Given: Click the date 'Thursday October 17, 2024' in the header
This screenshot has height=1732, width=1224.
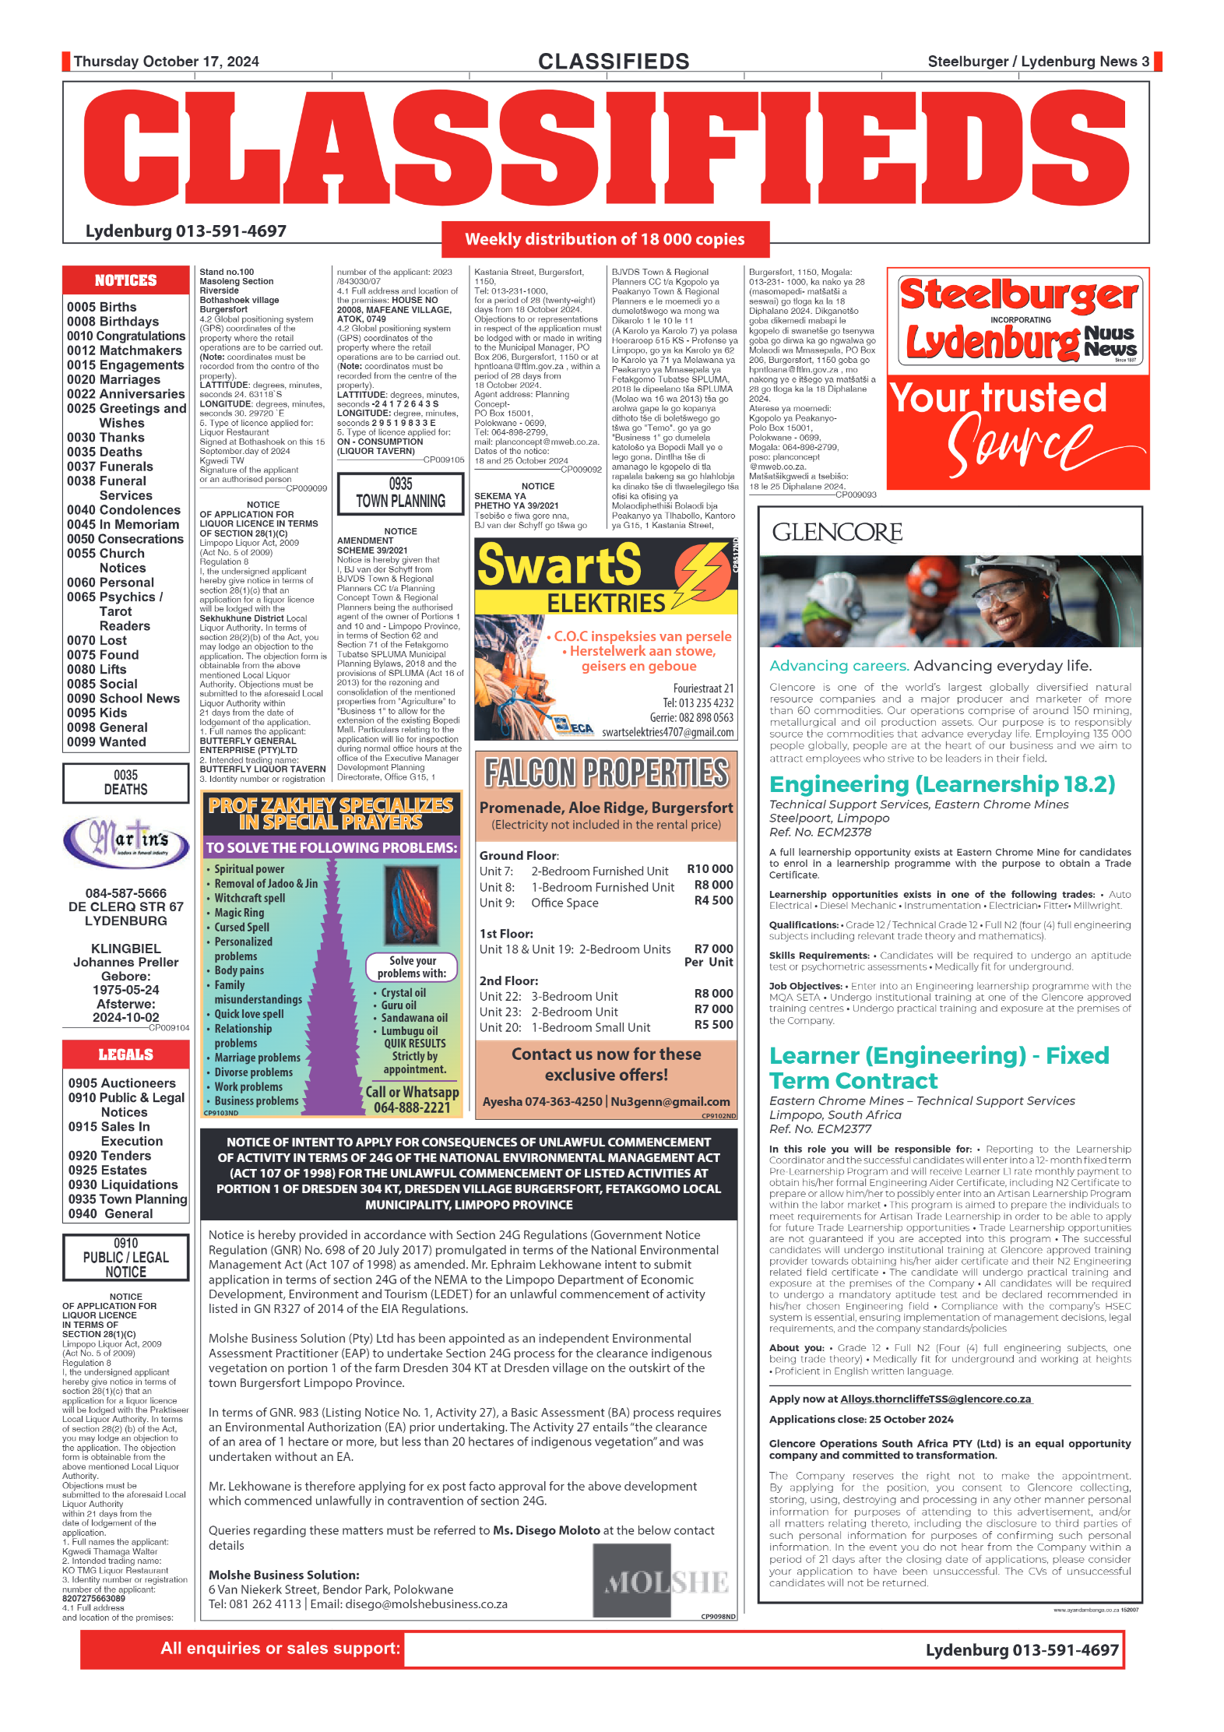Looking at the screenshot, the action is pyautogui.click(x=166, y=62).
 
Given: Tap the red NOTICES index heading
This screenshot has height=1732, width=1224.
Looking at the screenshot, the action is pyautogui.click(x=125, y=280).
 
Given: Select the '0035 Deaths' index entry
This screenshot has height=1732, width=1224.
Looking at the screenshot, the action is pyautogui.click(x=104, y=452).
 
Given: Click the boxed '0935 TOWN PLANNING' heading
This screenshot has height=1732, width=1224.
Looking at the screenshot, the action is pyautogui.click(x=400, y=493).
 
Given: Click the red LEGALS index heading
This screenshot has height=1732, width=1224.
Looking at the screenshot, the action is pyautogui.click(x=125, y=1054).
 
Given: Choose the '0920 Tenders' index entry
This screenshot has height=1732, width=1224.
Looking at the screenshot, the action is pyautogui.click(x=110, y=1156).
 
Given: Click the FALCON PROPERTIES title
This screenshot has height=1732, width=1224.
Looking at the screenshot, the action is pyautogui.click(x=606, y=773).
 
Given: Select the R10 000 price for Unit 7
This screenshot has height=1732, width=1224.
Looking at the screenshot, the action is pyautogui.click(x=709, y=869).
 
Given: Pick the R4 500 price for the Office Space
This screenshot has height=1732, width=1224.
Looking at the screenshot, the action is pyautogui.click(x=713, y=901).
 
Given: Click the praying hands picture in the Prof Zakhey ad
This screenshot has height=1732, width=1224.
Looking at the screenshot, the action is pyautogui.click(x=411, y=906).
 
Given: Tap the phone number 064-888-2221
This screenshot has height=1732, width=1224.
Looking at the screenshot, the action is pyautogui.click(x=412, y=1107).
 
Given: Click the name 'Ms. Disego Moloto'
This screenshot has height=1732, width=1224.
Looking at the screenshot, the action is pyautogui.click(x=547, y=1530).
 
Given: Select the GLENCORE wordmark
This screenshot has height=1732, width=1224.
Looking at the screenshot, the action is pyautogui.click(x=837, y=532).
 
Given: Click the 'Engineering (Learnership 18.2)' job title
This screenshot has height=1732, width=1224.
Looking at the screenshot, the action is pyautogui.click(x=941, y=784).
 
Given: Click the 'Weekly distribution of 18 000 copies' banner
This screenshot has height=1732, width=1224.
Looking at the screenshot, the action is pyautogui.click(x=604, y=239).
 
